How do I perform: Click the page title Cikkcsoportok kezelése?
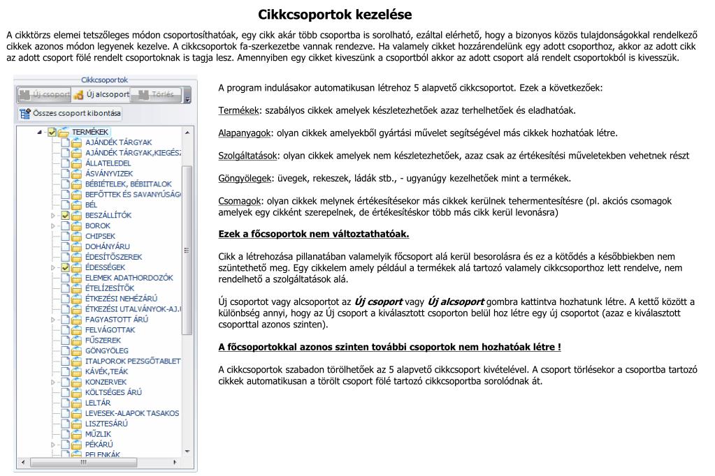[335, 15]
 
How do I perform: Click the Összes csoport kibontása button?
[70, 113]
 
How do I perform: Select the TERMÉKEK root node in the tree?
[89, 131]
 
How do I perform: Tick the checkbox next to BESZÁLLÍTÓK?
[66, 216]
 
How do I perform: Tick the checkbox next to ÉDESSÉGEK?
[66, 267]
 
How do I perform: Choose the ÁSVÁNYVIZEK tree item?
[108, 173]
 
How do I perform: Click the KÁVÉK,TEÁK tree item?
[106, 371]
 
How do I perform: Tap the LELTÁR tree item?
[98, 403]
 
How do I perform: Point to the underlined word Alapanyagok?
[245, 133]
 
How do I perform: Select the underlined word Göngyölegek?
[245, 178]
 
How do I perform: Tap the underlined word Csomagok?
[240, 200]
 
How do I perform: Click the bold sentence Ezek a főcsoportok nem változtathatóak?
[314, 234]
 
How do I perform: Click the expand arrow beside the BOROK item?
[52, 226]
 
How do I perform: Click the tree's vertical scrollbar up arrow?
[187, 131]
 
